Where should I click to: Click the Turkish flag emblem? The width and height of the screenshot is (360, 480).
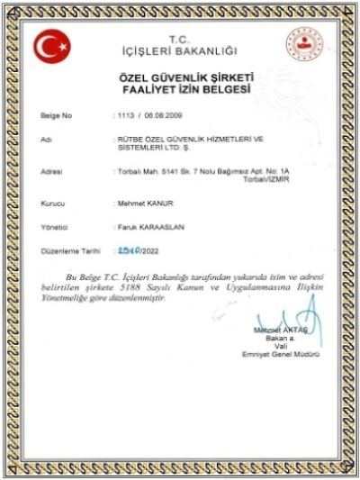[x=51, y=45]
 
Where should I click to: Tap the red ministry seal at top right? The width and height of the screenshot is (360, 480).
[x=303, y=44]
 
